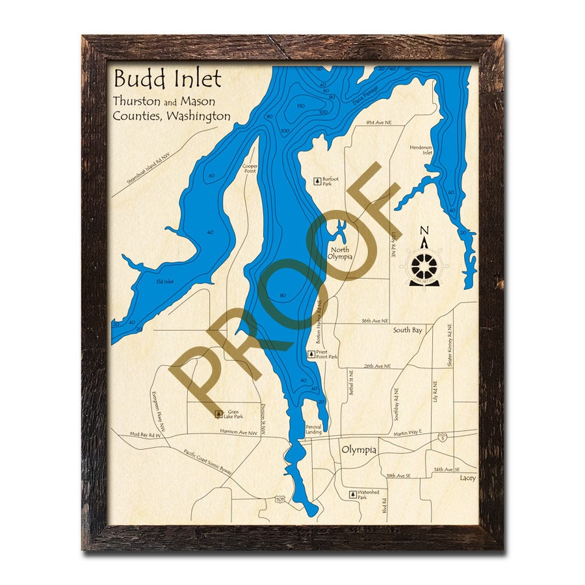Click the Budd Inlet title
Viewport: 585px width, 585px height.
(x=168, y=79)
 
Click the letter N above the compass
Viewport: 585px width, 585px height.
(x=424, y=231)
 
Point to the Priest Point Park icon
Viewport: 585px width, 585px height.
(x=311, y=354)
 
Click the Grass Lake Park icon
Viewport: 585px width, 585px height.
(x=219, y=413)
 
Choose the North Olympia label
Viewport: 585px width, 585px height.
(x=341, y=253)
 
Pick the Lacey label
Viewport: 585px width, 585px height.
(x=467, y=478)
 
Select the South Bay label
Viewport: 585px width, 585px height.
(x=408, y=330)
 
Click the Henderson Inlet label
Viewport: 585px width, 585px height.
(x=421, y=149)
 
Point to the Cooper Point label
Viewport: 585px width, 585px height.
(x=250, y=168)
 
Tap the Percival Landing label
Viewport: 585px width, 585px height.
(x=313, y=429)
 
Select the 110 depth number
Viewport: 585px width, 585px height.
(x=301, y=106)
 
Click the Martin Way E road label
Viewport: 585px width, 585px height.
(x=408, y=432)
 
